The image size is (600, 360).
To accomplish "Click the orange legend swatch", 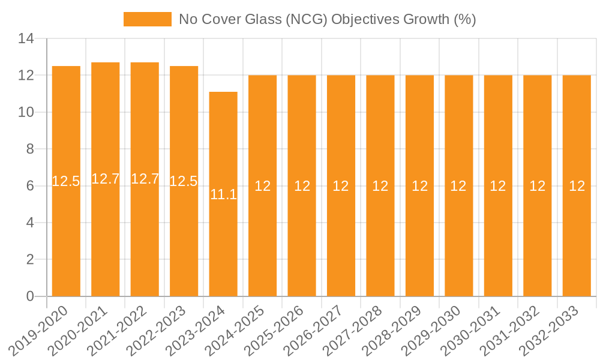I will click(148, 19).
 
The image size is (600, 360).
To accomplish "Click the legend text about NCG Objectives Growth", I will click(327, 19).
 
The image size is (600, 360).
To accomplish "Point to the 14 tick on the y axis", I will click(27, 39).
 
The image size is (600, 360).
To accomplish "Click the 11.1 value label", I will click(223, 194).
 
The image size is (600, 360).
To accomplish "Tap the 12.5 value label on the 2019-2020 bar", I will click(66, 181).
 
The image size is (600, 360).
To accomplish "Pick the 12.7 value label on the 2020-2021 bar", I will click(106, 179).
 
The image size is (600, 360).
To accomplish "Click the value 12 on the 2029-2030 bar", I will click(458, 186).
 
